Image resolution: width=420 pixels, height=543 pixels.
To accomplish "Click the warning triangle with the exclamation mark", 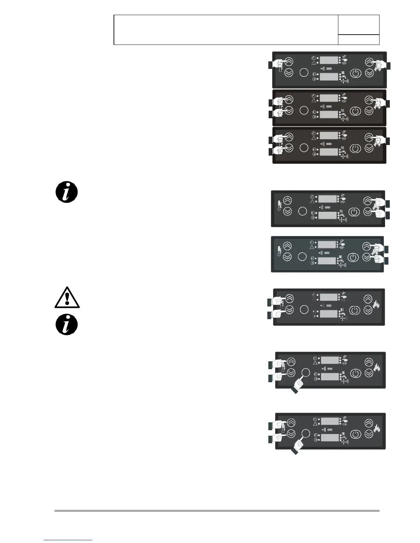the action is tap(67, 298).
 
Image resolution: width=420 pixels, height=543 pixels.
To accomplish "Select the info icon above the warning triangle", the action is tap(67, 192).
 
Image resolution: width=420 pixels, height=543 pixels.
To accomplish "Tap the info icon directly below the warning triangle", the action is tap(67, 325).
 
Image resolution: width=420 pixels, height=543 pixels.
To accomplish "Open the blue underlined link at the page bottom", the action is tap(68, 540).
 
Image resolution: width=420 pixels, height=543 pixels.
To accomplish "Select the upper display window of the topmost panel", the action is tap(329, 60).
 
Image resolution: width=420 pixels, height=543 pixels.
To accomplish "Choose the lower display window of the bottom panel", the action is tap(329, 438).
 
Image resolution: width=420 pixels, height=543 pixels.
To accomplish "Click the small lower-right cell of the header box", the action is tap(359, 39).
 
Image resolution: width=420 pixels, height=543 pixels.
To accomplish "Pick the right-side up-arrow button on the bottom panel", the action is tap(369, 423).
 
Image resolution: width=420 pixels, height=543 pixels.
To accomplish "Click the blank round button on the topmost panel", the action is tap(304, 73).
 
